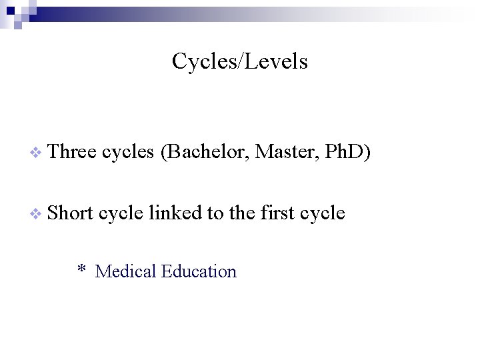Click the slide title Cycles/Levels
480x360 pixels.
[239, 61]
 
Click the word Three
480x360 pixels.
[73, 153]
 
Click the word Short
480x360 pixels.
[71, 213]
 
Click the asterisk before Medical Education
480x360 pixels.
[81, 270]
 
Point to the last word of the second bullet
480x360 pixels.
[323, 213]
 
